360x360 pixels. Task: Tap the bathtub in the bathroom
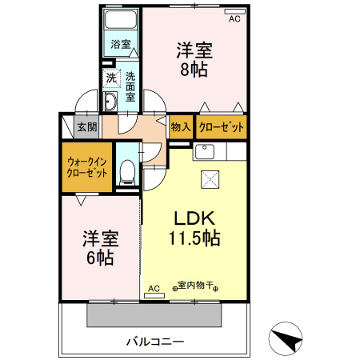pos(122,22)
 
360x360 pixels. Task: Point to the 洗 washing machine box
pos(112,78)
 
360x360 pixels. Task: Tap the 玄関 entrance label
pos(86,126)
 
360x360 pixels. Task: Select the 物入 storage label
pos(180,126)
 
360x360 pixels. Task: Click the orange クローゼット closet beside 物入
pos(221,126)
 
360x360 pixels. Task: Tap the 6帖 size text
pos(99,258)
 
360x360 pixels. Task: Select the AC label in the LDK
pos(154,286)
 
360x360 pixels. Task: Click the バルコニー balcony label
pos(155,342)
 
